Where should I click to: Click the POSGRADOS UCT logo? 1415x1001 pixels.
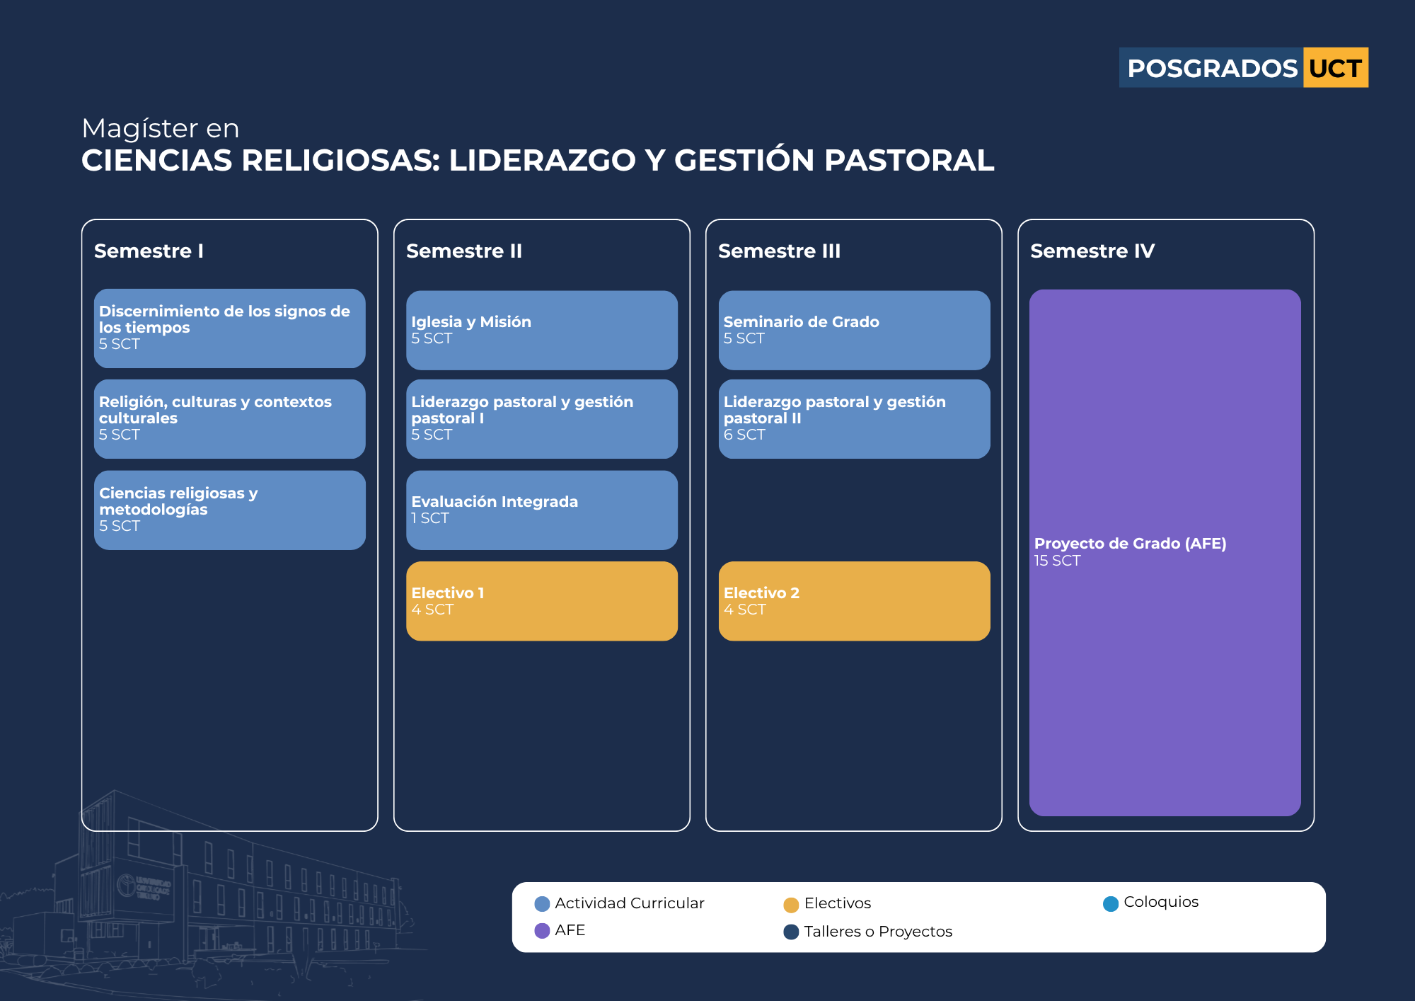(1243, 68)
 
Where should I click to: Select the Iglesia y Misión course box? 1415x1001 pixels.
(542, 330)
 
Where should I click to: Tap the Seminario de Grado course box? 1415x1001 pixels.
(854, 330)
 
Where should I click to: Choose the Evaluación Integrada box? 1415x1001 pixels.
(542, 510)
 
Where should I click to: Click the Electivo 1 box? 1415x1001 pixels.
(542, 601)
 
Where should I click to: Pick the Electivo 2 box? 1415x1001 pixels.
(854, 601)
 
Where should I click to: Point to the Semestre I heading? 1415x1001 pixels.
(149, 251)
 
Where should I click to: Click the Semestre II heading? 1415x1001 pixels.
(464, 251)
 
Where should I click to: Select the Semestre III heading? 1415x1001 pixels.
(779, 251)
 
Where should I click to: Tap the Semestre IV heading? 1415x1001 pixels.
(1092, 251)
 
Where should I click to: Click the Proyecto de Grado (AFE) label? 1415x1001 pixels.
(1130, 544)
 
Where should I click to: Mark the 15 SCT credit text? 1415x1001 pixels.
(1057, 561)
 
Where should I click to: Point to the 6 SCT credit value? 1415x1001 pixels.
(744, 435)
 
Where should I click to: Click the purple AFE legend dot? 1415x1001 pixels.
(542, 930)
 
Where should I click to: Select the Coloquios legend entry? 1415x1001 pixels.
(1151, 903)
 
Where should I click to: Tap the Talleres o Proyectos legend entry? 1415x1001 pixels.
(868, 932)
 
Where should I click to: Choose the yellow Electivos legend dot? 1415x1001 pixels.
(791, 905)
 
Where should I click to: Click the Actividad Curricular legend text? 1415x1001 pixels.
(630, 903)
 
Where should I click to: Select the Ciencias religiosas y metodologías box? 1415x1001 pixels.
(230, 510)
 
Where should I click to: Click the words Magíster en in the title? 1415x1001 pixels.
(161, 129)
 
